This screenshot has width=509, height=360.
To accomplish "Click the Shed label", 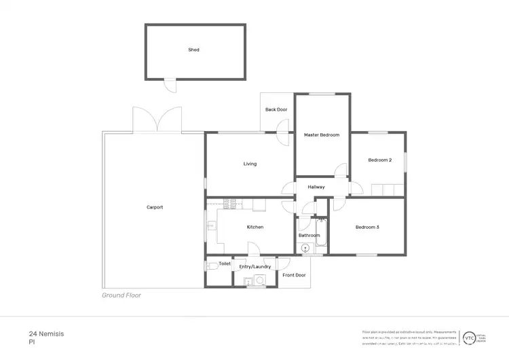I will [194, 50].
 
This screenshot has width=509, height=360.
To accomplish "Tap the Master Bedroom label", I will [322, 135].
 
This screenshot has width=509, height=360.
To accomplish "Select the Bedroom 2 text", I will [380, 160].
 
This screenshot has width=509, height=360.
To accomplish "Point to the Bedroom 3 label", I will [367, 227].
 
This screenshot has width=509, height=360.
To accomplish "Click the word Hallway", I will [316, 187].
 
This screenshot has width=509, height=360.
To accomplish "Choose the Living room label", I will [250, 164].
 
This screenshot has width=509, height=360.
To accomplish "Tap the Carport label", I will [155, 207].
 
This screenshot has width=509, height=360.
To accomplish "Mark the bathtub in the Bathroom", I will [321, 233].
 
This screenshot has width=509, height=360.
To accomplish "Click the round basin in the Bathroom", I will [305, 249].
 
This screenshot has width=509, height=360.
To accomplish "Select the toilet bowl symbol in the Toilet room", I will [212, 266].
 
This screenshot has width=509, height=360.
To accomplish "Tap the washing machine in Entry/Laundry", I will [260, 278].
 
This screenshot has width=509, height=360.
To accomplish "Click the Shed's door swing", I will [170, 86].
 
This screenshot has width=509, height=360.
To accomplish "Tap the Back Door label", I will [276, 109].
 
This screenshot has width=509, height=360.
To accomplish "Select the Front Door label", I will [294, 275].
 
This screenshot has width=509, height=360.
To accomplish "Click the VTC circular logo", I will [469, 337].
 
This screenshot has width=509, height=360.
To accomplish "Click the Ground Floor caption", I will [121, 295].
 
